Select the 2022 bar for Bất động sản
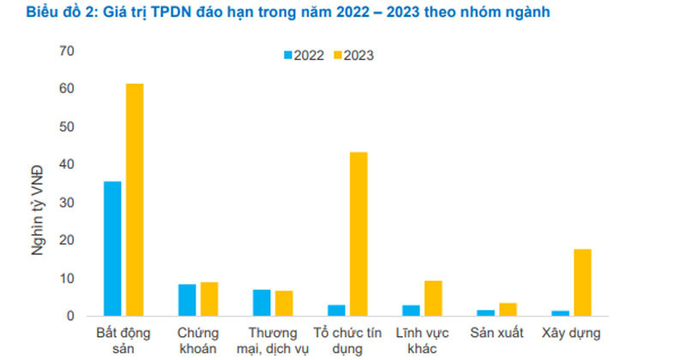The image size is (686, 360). click(112, 249)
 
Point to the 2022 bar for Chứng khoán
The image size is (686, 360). click(187, 300)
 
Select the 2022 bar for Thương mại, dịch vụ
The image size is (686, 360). click(262, 303)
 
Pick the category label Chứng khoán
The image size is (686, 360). click(198, 339)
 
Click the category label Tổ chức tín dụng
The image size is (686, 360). click(346, 339)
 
